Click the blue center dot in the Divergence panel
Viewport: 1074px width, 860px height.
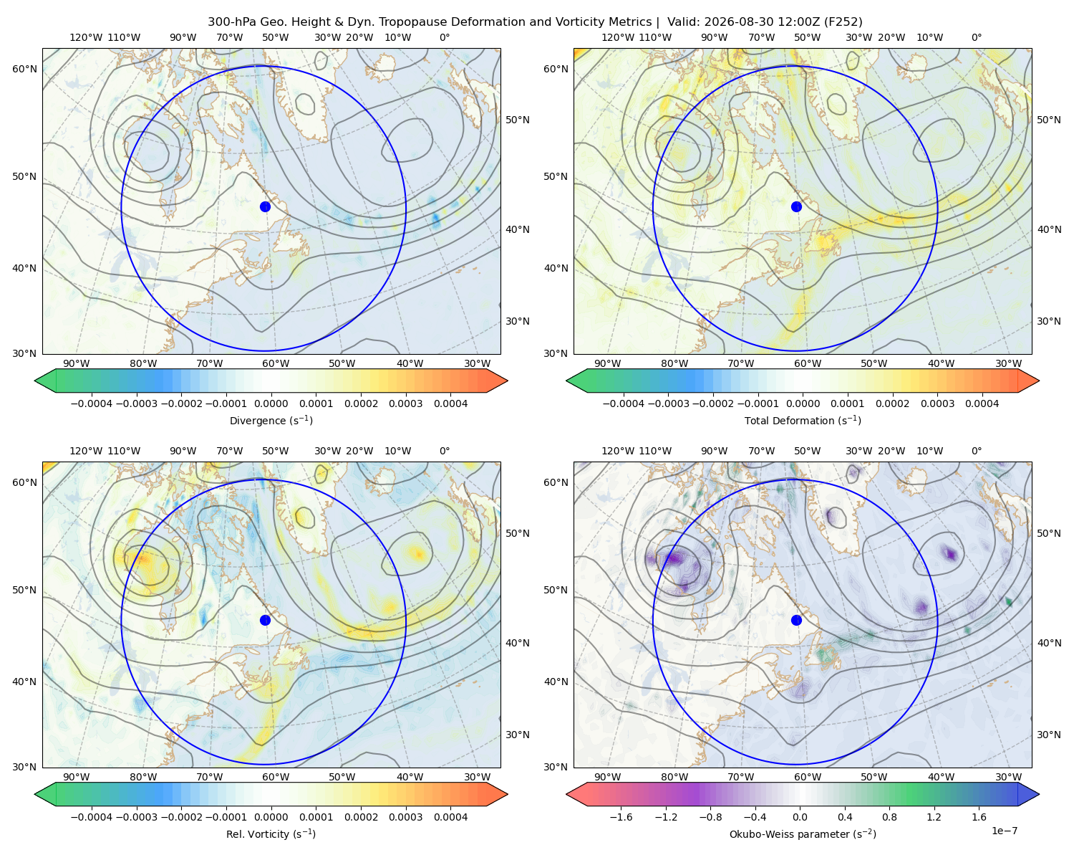coord(265,206)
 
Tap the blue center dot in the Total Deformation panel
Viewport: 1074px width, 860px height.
coord(796,206)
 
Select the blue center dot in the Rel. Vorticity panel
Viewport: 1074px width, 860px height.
coord(265,620)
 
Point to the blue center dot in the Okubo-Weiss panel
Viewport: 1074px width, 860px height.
coord(796,620)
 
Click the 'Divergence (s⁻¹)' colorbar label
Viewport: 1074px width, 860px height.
coord(271,420)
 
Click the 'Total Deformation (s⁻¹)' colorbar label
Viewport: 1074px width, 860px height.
coord(803,420)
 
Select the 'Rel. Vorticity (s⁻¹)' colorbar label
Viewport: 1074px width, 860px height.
coord(271,833)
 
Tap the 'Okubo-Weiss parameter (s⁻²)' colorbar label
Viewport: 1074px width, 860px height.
coord(803,833)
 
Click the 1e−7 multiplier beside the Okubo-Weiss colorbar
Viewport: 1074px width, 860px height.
coord(1004,831)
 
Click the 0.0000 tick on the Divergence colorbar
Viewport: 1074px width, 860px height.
coord(271,403)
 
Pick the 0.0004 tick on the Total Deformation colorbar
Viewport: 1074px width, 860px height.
coord(982,403)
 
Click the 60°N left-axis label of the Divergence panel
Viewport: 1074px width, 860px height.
coord(24,69)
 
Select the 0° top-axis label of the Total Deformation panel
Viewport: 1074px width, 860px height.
coord(976,37)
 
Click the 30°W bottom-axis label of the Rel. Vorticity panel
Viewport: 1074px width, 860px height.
coord(477,777)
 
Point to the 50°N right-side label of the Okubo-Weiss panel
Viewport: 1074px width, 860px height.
coord(1048,533)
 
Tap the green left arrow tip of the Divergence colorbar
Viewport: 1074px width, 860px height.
coord(35,381)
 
